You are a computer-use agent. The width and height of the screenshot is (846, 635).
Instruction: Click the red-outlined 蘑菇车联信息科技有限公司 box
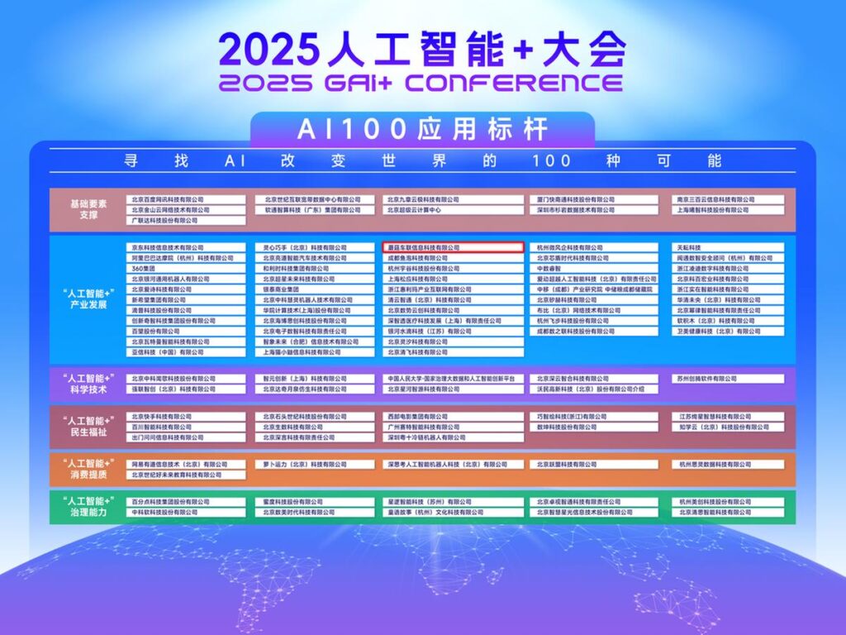pos(454,247)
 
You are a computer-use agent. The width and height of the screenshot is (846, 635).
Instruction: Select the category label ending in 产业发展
pos(87,299)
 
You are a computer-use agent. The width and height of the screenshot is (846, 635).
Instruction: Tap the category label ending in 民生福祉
pos(87,427)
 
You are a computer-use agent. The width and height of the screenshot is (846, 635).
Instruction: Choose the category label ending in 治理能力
pos(87,507)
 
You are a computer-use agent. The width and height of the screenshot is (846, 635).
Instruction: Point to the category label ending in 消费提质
pos(87,470)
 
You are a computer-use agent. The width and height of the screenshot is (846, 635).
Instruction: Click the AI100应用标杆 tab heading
pos(423,129)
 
